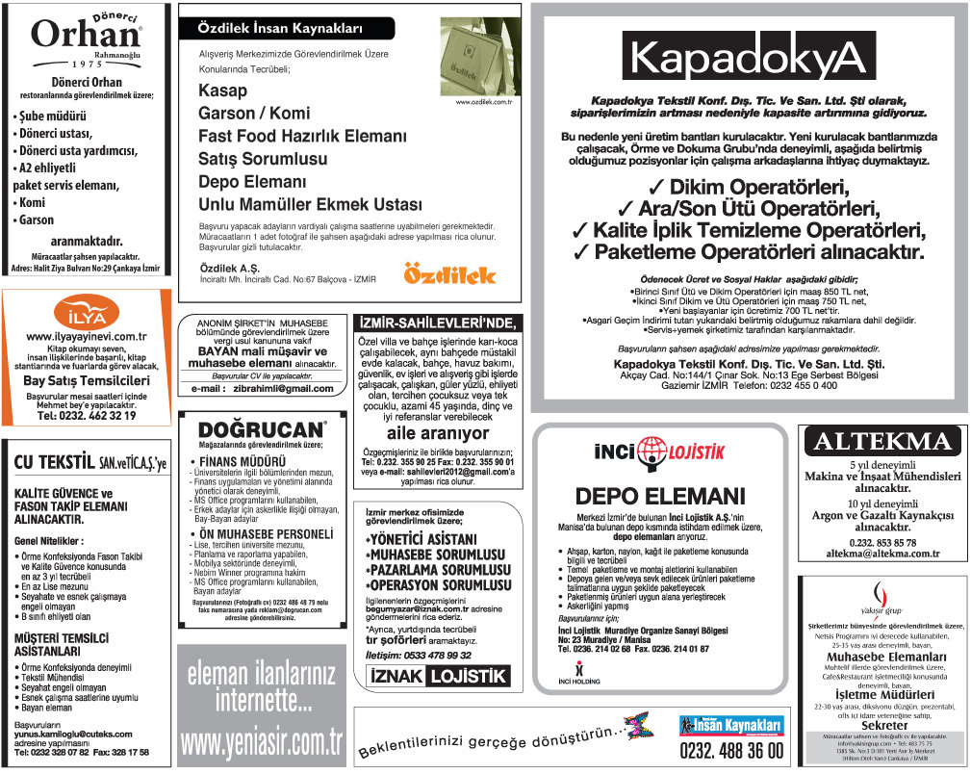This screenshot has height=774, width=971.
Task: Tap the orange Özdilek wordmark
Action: (449, 274)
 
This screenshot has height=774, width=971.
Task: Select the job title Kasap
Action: (222, 90)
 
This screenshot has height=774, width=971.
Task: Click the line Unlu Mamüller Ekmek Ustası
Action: (310, 204)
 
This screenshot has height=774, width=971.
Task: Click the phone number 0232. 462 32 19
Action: (86, 416)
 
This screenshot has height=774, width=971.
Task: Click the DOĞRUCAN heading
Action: (261, 429)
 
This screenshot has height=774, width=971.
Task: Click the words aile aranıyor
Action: (437, 434)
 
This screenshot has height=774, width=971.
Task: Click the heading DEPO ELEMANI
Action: (654, 497)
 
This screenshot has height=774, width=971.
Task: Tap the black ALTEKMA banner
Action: (882, 442)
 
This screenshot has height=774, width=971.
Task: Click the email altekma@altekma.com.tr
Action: (882, 554)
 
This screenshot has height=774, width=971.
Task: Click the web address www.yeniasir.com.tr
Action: (262, 742)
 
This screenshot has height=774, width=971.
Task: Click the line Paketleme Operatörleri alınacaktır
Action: (749, 252)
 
